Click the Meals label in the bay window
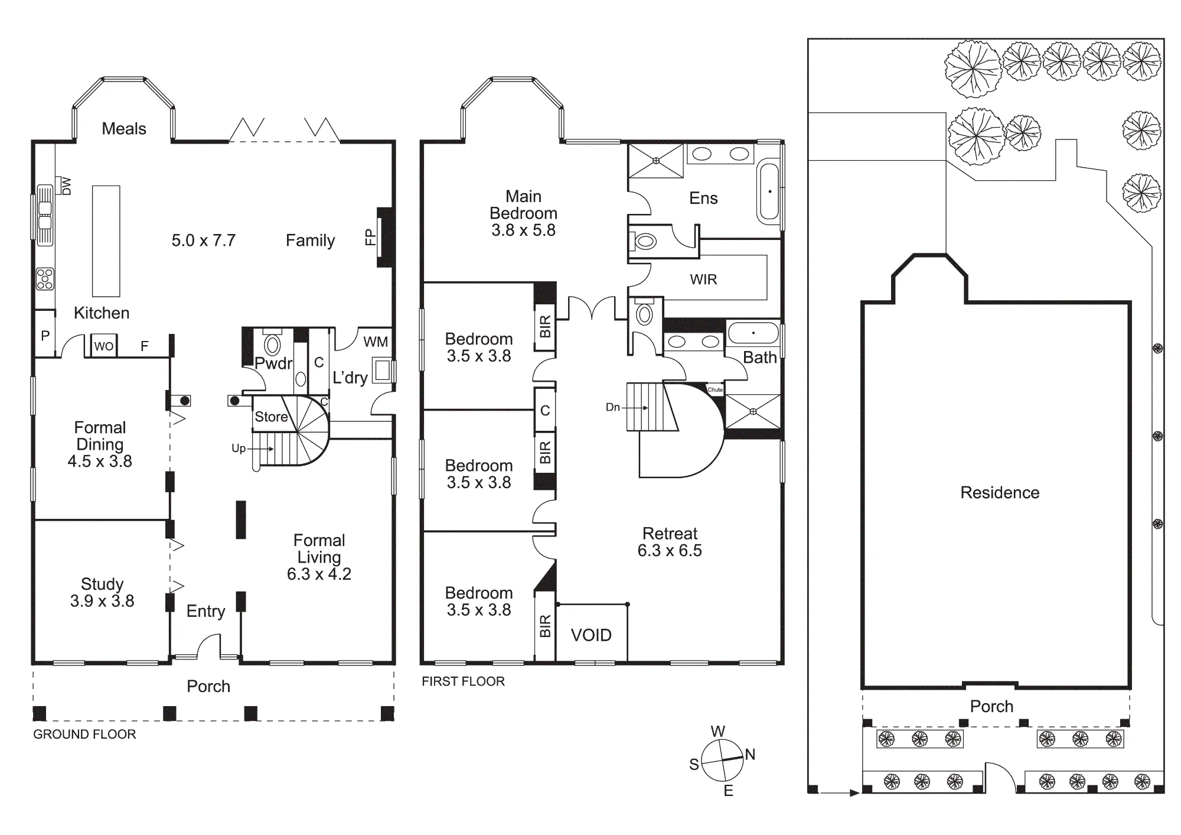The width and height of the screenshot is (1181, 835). (x=124, y=129)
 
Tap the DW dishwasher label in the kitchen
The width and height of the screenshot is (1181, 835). (x=67, y=186)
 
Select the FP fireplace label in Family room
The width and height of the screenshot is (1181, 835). (x=370, y=237)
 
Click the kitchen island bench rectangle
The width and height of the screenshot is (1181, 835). (x=106, y=241)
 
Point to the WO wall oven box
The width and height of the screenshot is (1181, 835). (x=104, y=346)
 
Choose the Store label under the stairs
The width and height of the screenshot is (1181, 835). (x=271, y=417)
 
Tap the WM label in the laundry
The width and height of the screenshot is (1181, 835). (x=376, y=342)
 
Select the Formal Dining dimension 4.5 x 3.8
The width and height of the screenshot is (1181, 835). (x=100, y=461)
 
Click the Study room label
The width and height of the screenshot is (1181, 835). (x=102, y=584)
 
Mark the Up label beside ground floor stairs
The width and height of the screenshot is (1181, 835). (x=239, y=449)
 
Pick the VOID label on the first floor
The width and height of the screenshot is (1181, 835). (x=591, y=635)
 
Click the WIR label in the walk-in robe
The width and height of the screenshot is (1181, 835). (x=703, y=280)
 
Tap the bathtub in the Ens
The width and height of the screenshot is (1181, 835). (x=769, y=191)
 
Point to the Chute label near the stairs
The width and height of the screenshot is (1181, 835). (x=715, y=390)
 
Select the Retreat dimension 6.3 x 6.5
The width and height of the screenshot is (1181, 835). (x=670, y=551)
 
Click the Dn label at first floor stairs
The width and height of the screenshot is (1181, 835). (x=613, y=407)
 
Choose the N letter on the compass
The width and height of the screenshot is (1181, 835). (x=750, y=754)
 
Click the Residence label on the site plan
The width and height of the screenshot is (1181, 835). (x=1000, y=493)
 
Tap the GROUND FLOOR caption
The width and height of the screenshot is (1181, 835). (x=84, y=734)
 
